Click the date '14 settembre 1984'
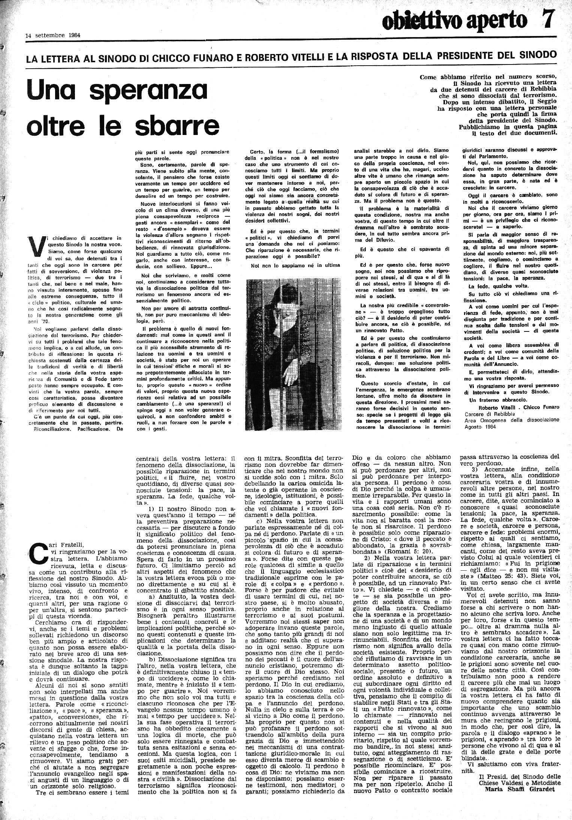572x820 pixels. click(x=54, y=36)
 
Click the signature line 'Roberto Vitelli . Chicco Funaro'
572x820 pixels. click(x=520, y=407)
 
